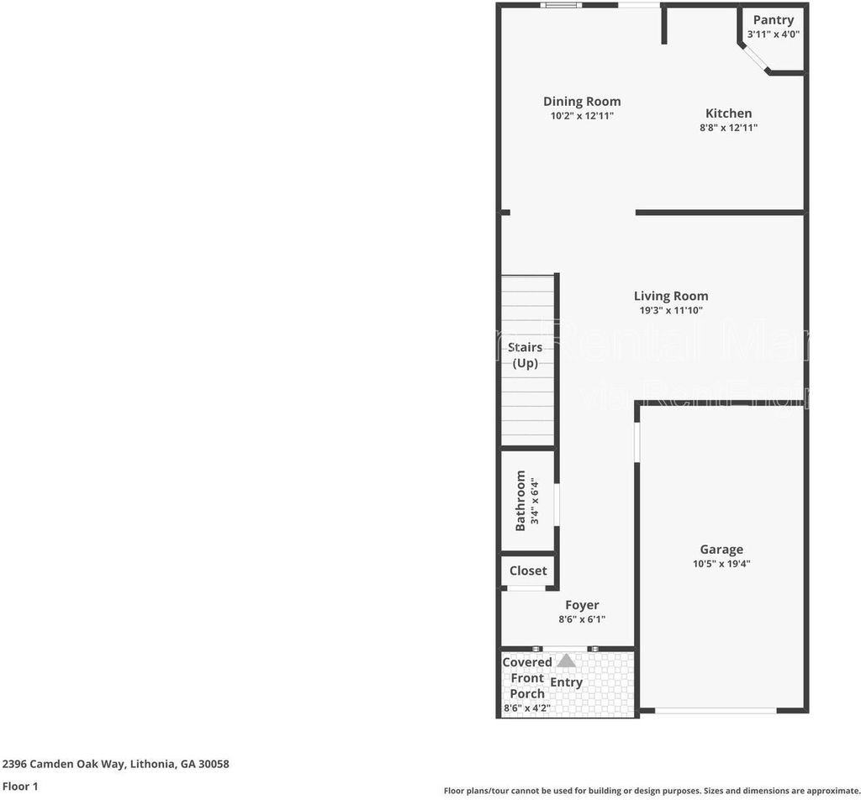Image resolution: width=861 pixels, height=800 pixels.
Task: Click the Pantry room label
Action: pos(773,20)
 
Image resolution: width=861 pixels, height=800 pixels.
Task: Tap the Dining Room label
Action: pos(582,102)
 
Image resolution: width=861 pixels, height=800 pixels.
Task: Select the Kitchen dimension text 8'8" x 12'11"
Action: pos(729,128)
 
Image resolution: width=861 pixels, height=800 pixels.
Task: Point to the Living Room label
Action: pos(671,296)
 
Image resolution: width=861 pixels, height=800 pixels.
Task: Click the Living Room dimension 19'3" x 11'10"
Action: pos(671,310)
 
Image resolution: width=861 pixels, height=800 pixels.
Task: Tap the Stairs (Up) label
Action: pos(526,355)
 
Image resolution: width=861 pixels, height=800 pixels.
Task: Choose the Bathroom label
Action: pos(520,501)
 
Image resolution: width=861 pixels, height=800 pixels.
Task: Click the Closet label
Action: pos(528,571)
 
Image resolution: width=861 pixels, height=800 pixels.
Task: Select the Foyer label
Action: pos(582,605)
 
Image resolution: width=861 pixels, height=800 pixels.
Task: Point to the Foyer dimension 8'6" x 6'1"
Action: pos(582,619)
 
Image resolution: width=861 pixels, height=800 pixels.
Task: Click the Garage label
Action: pos(721,550)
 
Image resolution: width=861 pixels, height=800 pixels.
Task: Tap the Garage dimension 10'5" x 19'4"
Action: pos(721,564)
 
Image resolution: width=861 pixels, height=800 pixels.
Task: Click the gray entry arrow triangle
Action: pos(567,661)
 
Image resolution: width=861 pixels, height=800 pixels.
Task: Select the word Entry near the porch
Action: pos(566,682)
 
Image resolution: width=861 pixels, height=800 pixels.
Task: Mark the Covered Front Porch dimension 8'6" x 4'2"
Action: pos(527,708)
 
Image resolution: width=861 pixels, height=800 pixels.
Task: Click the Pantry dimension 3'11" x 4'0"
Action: pos(773,34)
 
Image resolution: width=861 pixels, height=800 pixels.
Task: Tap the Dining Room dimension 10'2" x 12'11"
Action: pos(582,116)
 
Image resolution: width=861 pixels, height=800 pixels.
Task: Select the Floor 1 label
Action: pos(20,787)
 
